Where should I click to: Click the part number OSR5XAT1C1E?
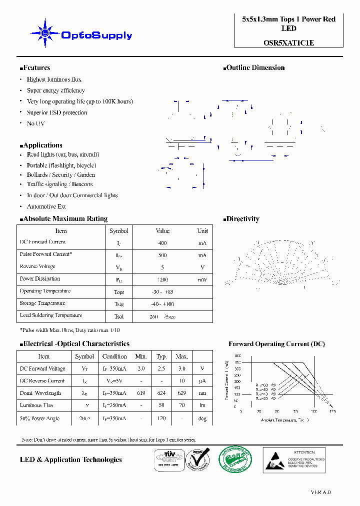[288, 43]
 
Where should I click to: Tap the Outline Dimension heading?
[255, 68]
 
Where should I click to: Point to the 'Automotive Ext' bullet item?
[46, 206]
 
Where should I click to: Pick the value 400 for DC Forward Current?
[162, 243]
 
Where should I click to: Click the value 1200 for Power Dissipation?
[162, 279]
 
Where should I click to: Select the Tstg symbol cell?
[118, 304]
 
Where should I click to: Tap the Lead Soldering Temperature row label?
[50, 315]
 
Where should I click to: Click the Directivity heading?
[242, 219]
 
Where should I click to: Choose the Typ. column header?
[161, 356]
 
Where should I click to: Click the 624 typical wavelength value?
[161, 393]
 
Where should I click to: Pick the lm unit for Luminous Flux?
[202, 405]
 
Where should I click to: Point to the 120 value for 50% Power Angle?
[161, 418]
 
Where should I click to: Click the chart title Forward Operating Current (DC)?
[276, 344]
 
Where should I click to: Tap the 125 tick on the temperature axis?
[332, 411]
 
